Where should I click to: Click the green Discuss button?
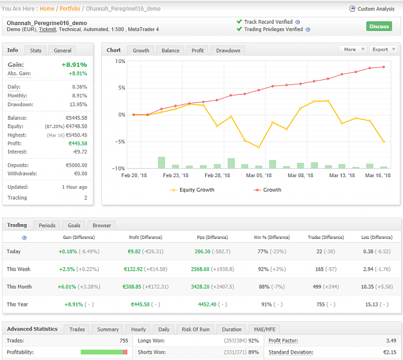[379, 26]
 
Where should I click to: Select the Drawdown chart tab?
[228, 51]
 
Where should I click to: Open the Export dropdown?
[383, 50]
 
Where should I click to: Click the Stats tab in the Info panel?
[35, 51]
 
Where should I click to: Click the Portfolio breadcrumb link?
[70, 9]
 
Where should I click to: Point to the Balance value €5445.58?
[77, 118]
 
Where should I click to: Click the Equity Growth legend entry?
[192, 190]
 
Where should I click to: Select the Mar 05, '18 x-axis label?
[259, 175]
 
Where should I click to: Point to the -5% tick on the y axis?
[120, 142]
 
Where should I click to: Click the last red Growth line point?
[384, 67]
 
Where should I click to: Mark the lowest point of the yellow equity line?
[259, 147]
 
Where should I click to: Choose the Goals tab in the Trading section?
[74, 225]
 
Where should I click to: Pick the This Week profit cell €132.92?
[133, 269]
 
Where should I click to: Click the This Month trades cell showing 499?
[317, 287]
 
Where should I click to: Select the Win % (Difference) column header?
[271, 237]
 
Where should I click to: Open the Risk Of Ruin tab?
[195, 330]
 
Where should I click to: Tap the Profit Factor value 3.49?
[391, 341]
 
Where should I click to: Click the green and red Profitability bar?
[104, 352]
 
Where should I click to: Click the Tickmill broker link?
[47, 29]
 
